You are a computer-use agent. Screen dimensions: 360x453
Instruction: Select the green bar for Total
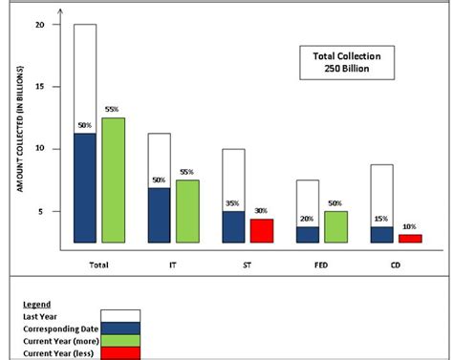tap(113, 180)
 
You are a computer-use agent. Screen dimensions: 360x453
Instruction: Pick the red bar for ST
tap(261, 231)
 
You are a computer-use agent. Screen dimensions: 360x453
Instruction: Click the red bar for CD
tap(409, 238)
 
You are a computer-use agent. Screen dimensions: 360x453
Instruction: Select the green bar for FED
tap(335, 227)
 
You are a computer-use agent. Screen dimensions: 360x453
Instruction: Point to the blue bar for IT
tap(159, 215)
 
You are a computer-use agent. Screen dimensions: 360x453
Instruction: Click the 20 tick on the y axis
tap(39, 25)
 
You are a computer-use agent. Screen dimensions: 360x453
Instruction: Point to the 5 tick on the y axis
tap(41, 211)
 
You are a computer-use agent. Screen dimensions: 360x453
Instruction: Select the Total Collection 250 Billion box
tap(334, 62)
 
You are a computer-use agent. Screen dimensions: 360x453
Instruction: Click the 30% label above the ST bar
tap(261, 211)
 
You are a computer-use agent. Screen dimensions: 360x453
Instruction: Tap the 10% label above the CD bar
tap(410, 227)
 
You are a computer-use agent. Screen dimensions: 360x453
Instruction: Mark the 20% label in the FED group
tap(309, 219)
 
